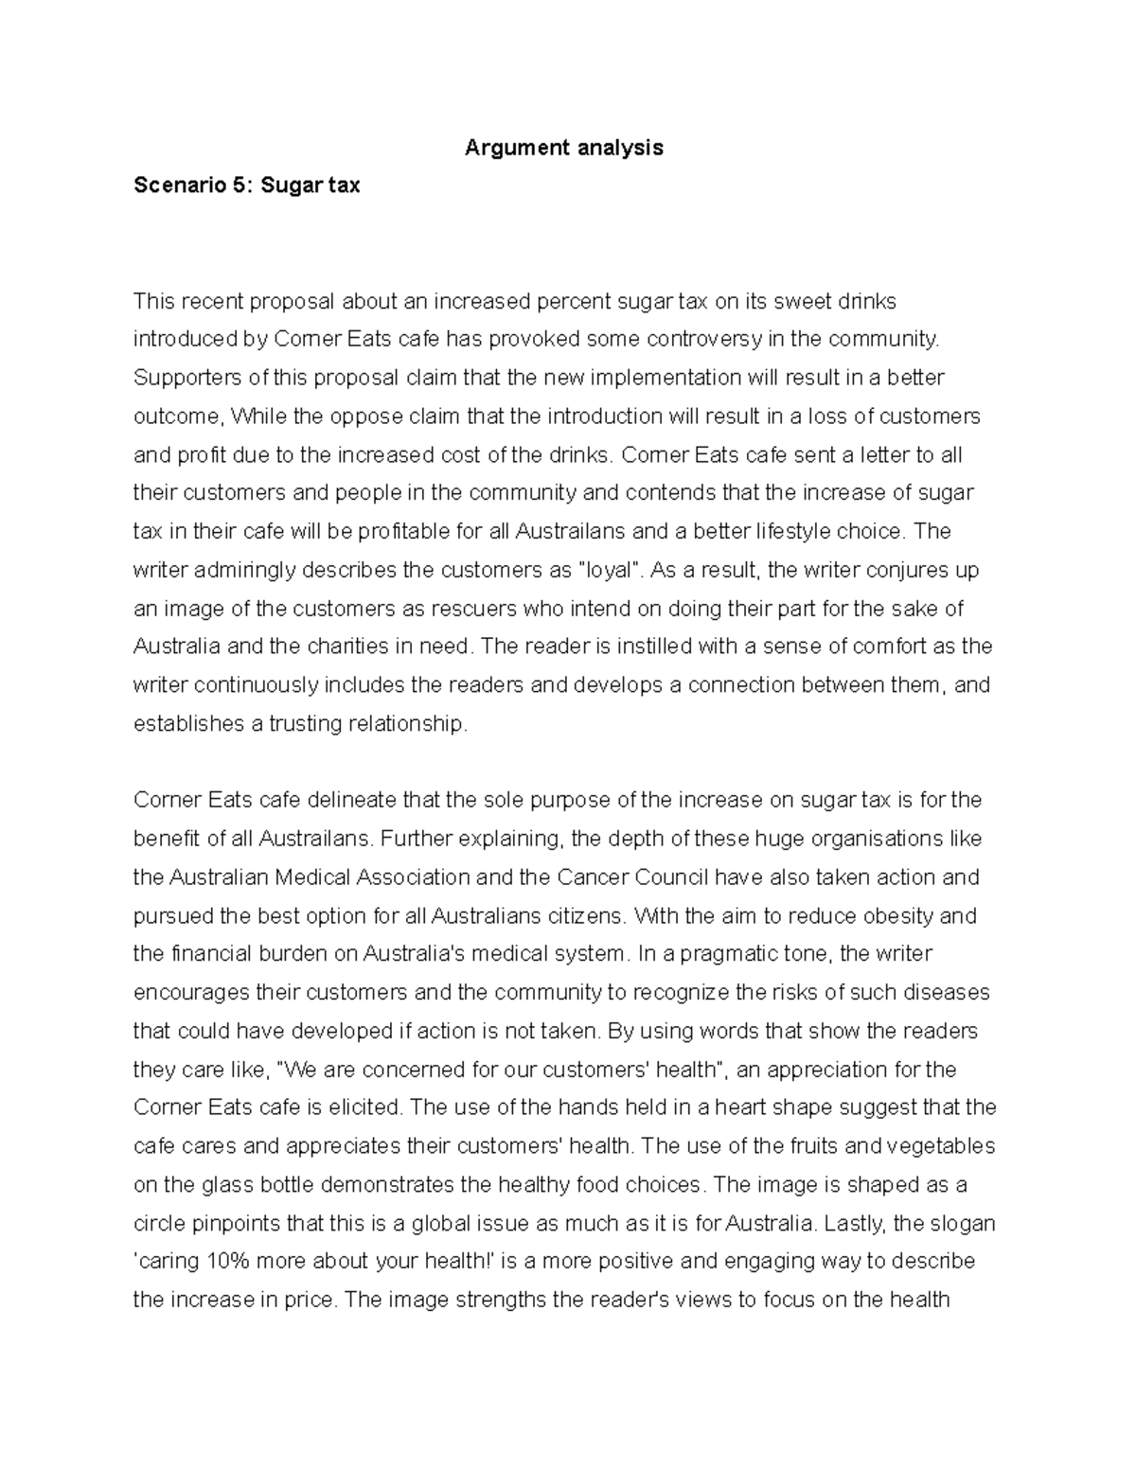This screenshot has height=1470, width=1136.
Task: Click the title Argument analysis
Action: coord(563,148)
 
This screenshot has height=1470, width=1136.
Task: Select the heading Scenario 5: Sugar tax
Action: coord(246,186)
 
